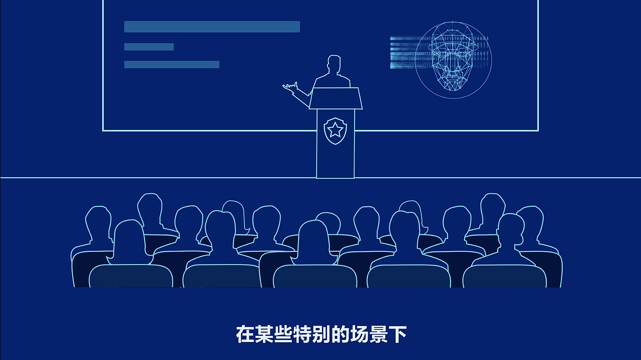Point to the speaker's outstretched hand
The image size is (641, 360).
point(290,87)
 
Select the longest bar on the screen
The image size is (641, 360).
point(212,27)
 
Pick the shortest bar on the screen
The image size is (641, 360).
point(149,47)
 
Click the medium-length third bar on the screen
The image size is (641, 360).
point(172,65)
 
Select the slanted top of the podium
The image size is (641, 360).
point(335,98)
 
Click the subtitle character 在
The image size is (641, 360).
point(245,334)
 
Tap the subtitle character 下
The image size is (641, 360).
point(397,334)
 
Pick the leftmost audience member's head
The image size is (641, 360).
point(98,221)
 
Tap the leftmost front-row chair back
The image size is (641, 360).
point(131,276)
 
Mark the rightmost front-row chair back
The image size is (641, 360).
point(504,276)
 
